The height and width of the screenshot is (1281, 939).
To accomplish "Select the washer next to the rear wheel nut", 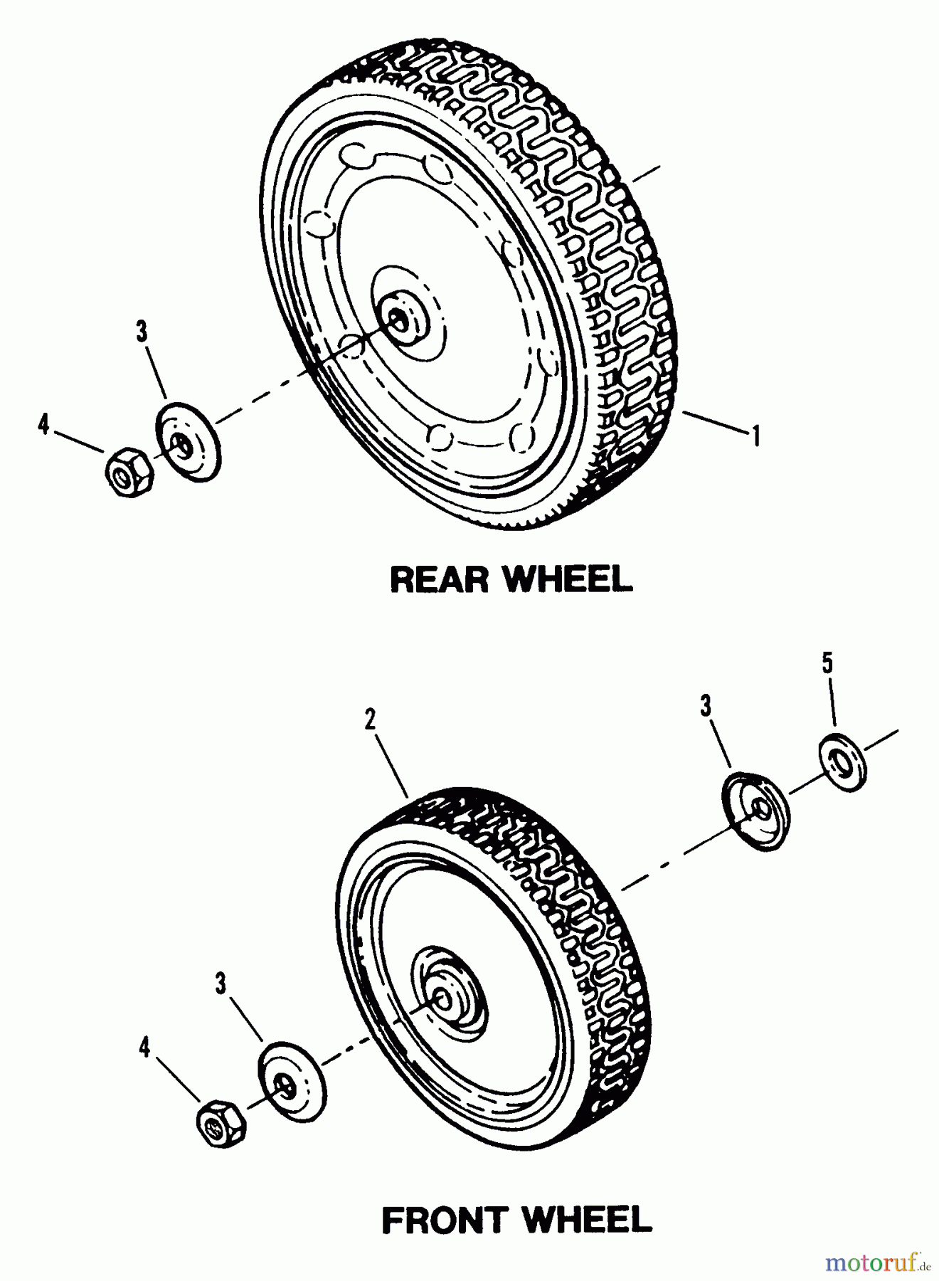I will (x=188, y=441).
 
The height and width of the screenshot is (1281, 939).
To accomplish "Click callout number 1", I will (x=756, y=435).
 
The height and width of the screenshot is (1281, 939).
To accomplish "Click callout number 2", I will (x=370, y=719).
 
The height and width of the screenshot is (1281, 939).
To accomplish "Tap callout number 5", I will (x=827, y=664).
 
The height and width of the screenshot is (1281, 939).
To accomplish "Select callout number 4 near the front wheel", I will (x=145, y=1047).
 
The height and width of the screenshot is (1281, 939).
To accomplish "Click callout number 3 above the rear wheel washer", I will (x=142, y=331).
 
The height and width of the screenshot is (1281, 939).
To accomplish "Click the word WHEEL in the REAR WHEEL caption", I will (x=568, y=579).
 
